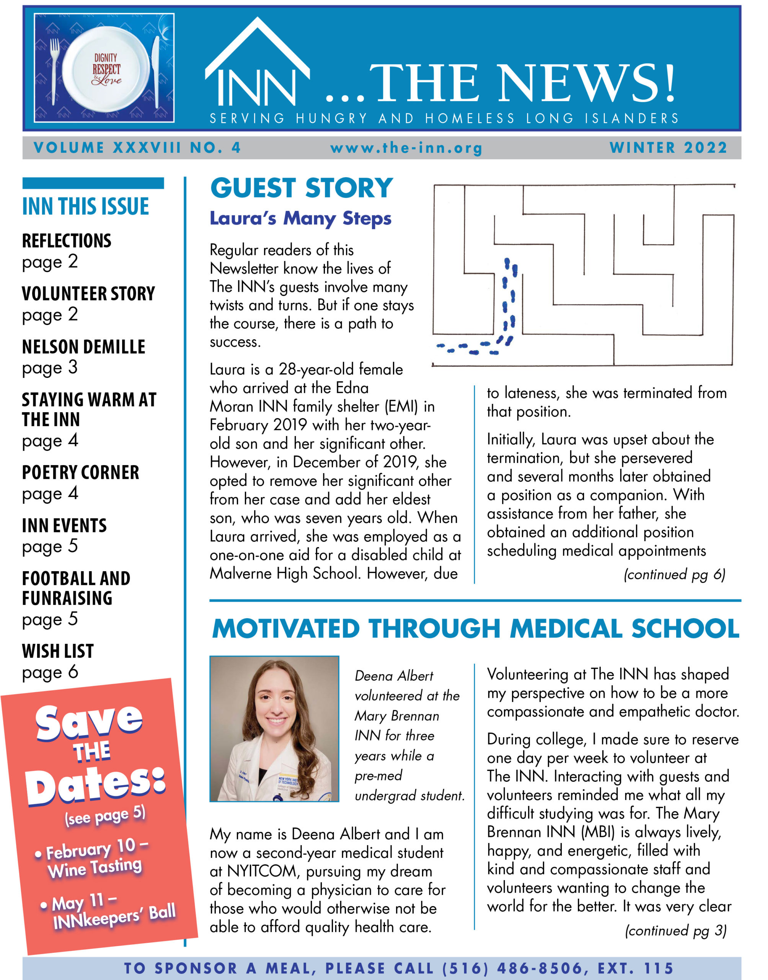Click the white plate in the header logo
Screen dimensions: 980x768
[106, 69]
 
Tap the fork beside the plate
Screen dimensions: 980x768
[55, 67]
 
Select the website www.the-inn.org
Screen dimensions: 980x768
[406, 148]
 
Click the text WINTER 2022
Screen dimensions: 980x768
[668, 147]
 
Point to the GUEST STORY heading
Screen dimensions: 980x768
[302, 188]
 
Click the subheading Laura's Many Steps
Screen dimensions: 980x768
[300, 218]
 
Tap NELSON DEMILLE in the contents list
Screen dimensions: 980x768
[84, 347]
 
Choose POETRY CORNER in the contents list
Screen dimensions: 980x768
[80, 472]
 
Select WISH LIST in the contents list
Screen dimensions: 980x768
[58, 651]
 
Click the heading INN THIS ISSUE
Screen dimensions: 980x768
[85, 206]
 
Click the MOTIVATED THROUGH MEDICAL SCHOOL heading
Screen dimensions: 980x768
[475, 628]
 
